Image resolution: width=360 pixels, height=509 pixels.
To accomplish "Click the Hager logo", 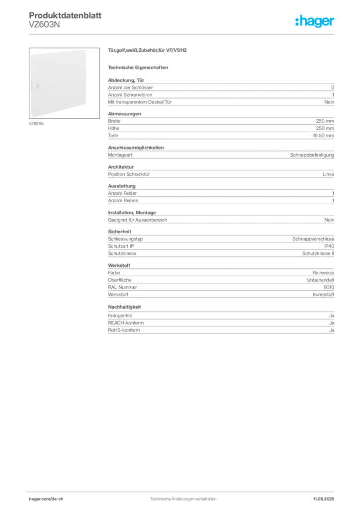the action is [314, 21].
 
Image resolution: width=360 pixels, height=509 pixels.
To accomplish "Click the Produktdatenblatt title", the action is [65, 15].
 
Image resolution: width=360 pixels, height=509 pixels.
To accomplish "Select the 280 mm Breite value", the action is [325, 121].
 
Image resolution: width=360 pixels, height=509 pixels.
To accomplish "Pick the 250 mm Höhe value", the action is [325, 128].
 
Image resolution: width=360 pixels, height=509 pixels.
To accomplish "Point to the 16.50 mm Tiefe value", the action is [323, 136].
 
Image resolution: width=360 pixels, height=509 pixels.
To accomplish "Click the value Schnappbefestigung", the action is [312, 155].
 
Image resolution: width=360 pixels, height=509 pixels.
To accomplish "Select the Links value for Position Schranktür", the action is [328, 174].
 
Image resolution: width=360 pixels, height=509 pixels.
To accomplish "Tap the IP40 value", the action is [329, 246].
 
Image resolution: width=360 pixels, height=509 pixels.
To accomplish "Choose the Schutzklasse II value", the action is [318, 254].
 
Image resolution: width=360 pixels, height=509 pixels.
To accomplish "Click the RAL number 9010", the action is [329, 287].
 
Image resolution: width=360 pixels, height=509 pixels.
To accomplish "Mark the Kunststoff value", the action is [323, 295].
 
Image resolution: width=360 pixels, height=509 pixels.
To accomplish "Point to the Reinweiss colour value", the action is [323, 273].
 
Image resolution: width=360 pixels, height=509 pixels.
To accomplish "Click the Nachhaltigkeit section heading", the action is [124, 307].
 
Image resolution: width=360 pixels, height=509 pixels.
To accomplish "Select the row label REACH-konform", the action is [126, 323].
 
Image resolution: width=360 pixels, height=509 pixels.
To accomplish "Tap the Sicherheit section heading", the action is [119, 232].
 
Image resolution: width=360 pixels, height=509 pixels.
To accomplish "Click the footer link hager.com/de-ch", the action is [46, 499].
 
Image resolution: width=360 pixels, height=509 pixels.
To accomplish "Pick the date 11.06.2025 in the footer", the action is [323, 499].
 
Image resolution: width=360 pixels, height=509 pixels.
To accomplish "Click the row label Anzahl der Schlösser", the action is [130, 87].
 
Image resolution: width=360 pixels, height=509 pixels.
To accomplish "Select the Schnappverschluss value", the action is [313, 239].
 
